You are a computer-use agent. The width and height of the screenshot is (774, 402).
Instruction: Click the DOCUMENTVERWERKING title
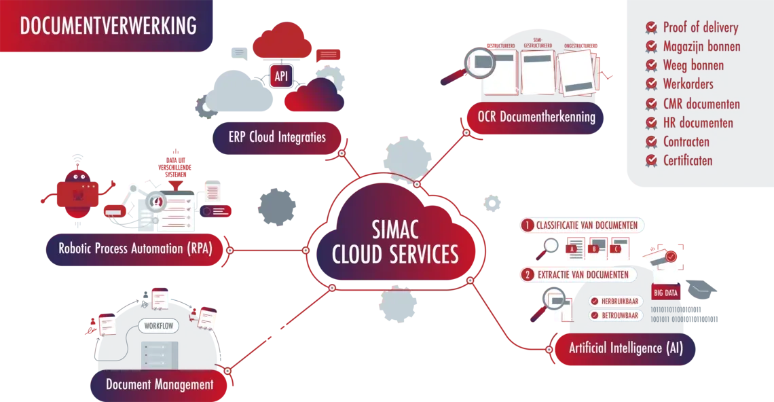(x=109, y=26)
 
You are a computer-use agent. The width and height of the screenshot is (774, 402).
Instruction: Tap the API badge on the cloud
(x=281, y=76)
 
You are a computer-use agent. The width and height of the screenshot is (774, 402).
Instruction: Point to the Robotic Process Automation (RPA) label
(x=135, y=249)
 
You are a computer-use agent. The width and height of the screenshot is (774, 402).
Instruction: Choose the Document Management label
(x=160, y=385)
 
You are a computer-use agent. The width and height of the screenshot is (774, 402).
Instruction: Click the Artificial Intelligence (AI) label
(x=625, y=348)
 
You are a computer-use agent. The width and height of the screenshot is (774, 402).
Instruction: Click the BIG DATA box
(x=669, y=293)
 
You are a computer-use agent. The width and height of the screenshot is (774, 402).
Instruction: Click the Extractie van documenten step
(x=578, y=275)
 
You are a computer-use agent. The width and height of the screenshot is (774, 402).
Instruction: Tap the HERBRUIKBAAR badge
(x=615, y=301)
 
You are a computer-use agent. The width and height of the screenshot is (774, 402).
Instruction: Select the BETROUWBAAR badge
(x=615, y=316)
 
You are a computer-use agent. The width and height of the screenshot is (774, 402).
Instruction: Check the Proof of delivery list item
(x=700, y=28)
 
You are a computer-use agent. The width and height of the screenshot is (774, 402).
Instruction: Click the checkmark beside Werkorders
(x=652, y=85)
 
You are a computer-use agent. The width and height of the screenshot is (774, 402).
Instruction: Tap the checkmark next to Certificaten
(x=652, y=161)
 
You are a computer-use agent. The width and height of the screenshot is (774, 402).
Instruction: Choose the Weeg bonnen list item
(x=693, y=66)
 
